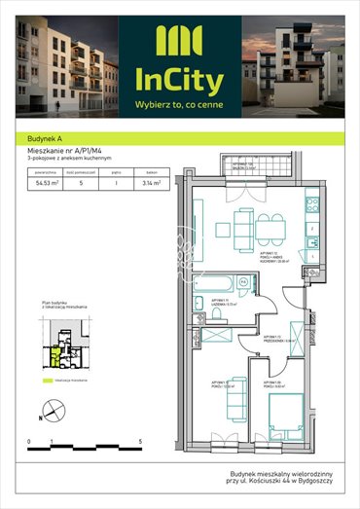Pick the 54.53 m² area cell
[x=43, y=181]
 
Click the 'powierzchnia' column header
[x=43, y=170]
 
